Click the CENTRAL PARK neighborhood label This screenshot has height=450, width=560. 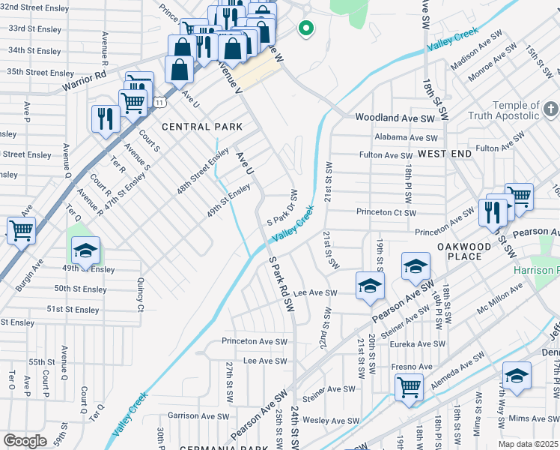(193, 127)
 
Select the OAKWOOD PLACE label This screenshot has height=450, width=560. (464, 251)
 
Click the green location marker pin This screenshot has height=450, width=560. (305, 29)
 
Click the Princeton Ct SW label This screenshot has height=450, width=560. (386, 212)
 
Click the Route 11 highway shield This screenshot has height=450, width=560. (159, 101)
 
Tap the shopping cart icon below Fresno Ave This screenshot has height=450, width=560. (409, 387)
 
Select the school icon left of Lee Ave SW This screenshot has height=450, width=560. (369, 286)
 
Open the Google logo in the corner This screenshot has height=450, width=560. (25, 440)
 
